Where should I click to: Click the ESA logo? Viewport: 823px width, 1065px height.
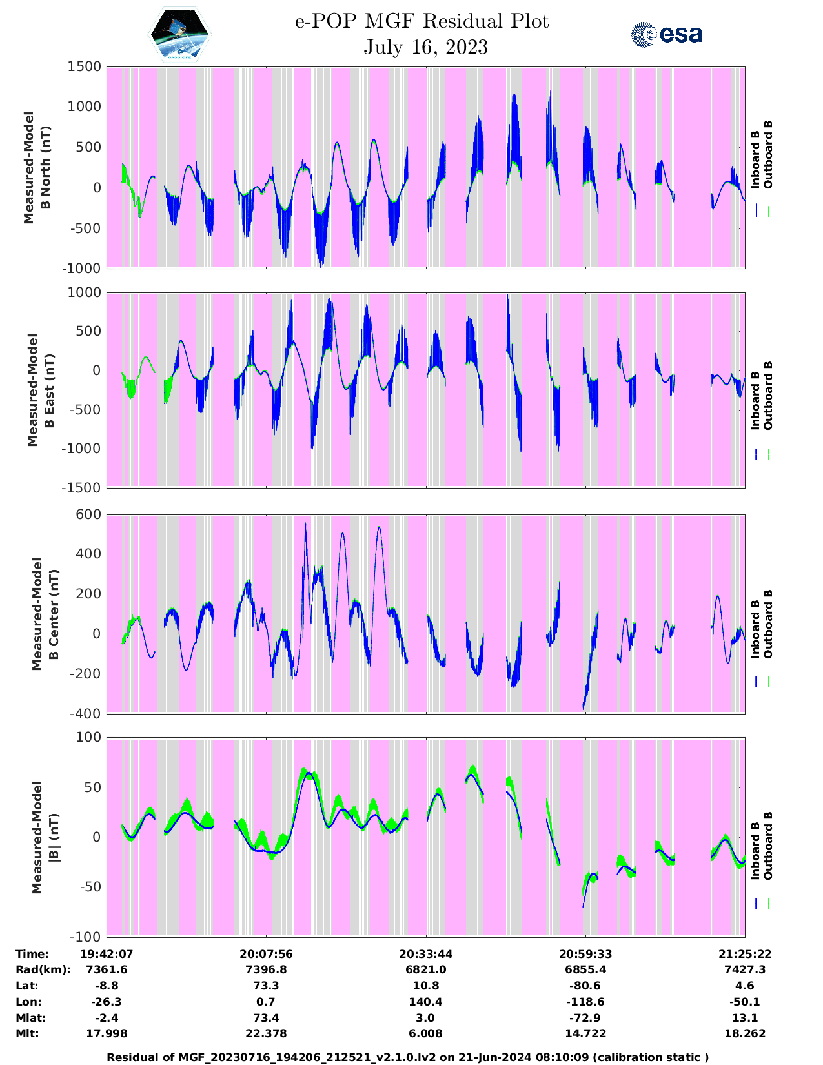pos(667,34)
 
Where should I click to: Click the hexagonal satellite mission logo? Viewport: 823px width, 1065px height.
pos(180,35)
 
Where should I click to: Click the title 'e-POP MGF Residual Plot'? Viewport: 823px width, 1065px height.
pos(422,21)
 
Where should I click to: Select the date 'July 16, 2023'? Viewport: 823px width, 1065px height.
pos(425,47)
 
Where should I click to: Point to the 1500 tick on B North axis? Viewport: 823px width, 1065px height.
pos(85,66)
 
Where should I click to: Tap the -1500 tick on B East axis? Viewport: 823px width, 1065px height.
pos(81,487)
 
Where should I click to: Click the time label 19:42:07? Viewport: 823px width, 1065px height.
pos(107,954)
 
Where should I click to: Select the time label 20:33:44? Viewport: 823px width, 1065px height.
pos(425,954)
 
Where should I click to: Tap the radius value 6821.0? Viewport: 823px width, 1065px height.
pos(425,969)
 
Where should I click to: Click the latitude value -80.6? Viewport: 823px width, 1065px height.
pos(585,986)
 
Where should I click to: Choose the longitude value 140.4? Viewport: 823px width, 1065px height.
pos(425,1002)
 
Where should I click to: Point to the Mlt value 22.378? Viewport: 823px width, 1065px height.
pos(266,1033)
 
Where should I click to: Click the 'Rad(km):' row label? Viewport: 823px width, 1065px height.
pos(43,969)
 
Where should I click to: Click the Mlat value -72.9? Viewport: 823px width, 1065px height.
pos(585,1018)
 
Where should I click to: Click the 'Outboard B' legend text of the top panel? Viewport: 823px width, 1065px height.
pos(767,155)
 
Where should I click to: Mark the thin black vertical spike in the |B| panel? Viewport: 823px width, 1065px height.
pos(361,849)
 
